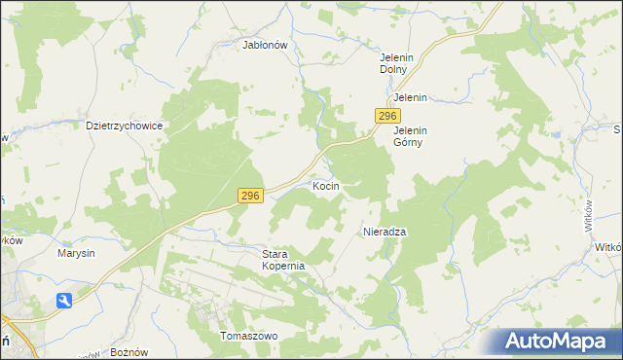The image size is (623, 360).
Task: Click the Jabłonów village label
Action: [x=264, y=45]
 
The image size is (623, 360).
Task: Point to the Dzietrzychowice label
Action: [x=124, y=126]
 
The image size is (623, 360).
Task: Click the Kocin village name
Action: [x=325, y=185]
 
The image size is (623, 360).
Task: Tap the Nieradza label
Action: [x=384, y=232]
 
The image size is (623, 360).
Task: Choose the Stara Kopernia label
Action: [x=284, y=260]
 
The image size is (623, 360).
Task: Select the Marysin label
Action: [x=76, y=253]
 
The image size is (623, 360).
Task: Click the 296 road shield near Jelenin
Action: [x=384, y=116]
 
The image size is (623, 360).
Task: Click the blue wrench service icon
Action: [x=64, y=301]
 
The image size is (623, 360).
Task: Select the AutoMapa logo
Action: [x=560, y=342]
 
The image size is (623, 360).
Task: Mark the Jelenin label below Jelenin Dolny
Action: [x=411, y=98]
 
